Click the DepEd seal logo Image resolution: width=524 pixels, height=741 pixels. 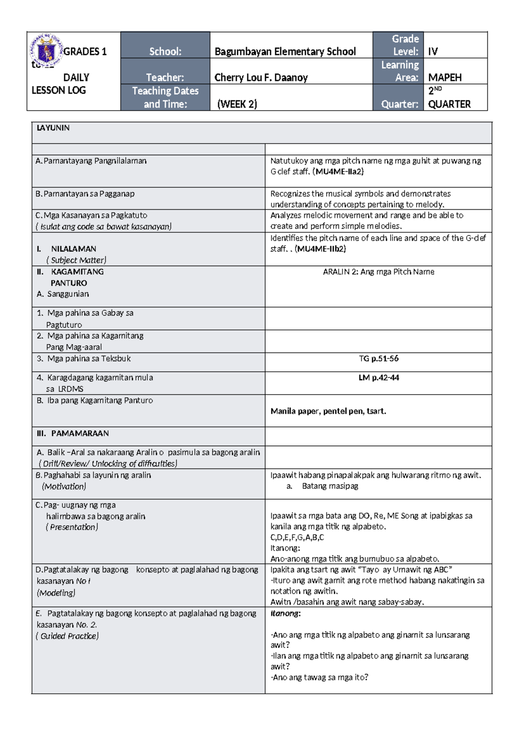click(46, 52)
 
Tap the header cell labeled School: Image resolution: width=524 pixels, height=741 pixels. click(165, 52)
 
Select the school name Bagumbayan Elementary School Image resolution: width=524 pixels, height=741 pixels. click(285, 52)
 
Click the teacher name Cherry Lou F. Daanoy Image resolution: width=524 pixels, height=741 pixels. click(261, 78)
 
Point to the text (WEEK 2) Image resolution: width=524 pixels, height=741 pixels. click(237, 104)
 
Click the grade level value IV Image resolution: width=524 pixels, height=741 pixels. click(433, 52)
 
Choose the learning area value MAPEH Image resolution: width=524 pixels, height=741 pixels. click(445, 78)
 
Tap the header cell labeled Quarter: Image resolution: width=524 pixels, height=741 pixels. click(400, 104)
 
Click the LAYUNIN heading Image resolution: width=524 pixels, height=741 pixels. click(53, 128)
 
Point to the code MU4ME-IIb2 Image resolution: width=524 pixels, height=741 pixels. click(320, 249)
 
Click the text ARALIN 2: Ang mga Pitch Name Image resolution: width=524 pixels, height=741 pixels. click(378, 272)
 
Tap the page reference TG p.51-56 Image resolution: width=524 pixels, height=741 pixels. click(378, 359)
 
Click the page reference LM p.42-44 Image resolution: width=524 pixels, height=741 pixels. click(378, 377)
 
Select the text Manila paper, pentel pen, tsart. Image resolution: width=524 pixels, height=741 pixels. click(328, 411)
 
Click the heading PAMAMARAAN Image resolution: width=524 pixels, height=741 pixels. click(80, 433)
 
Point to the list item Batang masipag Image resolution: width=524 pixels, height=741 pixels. click(330, 486)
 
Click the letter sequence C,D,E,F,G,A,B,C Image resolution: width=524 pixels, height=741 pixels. click(297, 537)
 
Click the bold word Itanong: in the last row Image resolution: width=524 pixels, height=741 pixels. click(285, 613)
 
